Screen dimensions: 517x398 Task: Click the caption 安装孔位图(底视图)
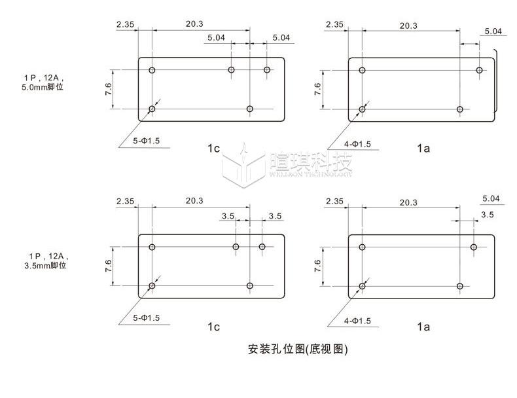point(298,349)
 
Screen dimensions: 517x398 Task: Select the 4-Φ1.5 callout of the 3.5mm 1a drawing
point(357,321)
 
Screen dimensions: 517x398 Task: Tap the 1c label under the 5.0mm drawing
point(213,149)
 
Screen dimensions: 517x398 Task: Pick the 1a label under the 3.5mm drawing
point(423,326)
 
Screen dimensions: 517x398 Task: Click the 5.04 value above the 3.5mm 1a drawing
point(491,198)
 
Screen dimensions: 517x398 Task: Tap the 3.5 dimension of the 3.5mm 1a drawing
point(488,215)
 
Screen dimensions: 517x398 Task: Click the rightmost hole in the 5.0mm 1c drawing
point(267,69)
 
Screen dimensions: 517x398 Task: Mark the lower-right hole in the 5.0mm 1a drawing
point(460,109)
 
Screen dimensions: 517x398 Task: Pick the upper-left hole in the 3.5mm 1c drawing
point(152,247)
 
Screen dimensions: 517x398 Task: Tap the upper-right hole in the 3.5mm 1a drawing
point(474,247)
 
